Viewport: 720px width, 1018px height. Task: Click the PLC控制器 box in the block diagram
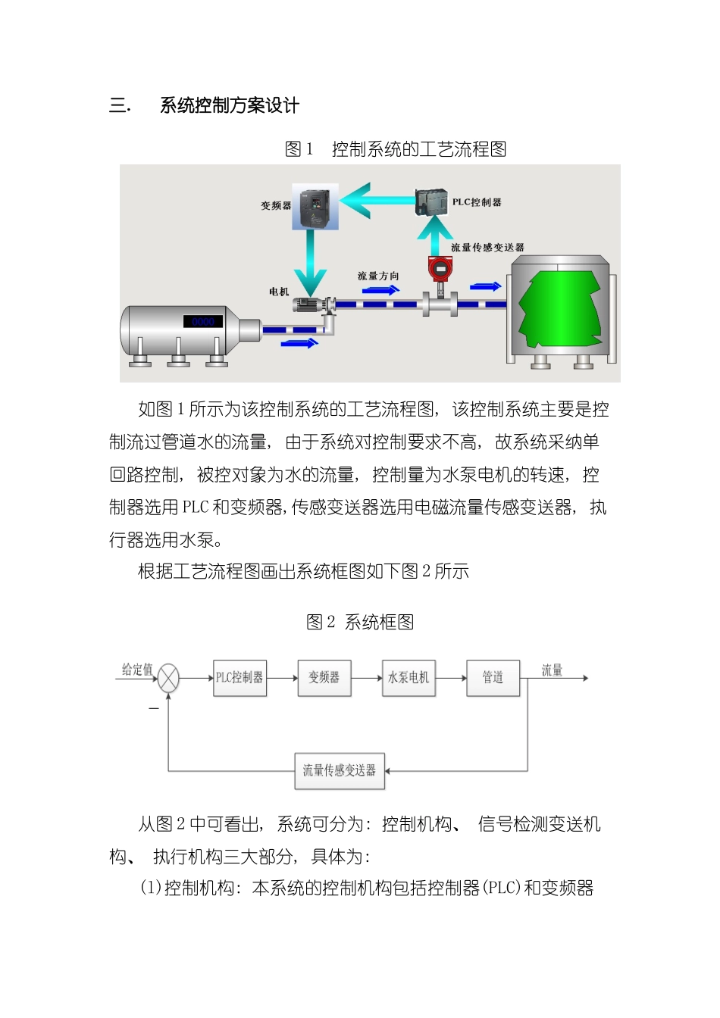(239, 677)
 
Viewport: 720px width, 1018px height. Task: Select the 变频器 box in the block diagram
(324, 677)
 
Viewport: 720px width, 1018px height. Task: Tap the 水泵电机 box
(409, 677)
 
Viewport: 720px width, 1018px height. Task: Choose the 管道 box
(493, 677)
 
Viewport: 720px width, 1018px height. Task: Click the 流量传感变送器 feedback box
(339, 770)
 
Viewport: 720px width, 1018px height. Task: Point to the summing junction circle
(168, 678)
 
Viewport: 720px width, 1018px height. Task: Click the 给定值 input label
(137, 670)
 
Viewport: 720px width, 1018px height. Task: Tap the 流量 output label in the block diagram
(552, 670)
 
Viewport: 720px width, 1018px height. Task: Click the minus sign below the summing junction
(154, 708)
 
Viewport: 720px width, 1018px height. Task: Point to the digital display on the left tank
(202, 322)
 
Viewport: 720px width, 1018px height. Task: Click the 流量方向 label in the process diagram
(378, 276)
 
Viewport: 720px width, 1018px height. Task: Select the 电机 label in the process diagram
(279, 292)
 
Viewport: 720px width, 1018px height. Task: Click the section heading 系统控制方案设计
(230, 105)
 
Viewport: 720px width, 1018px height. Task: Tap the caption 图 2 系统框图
(360, 623)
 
